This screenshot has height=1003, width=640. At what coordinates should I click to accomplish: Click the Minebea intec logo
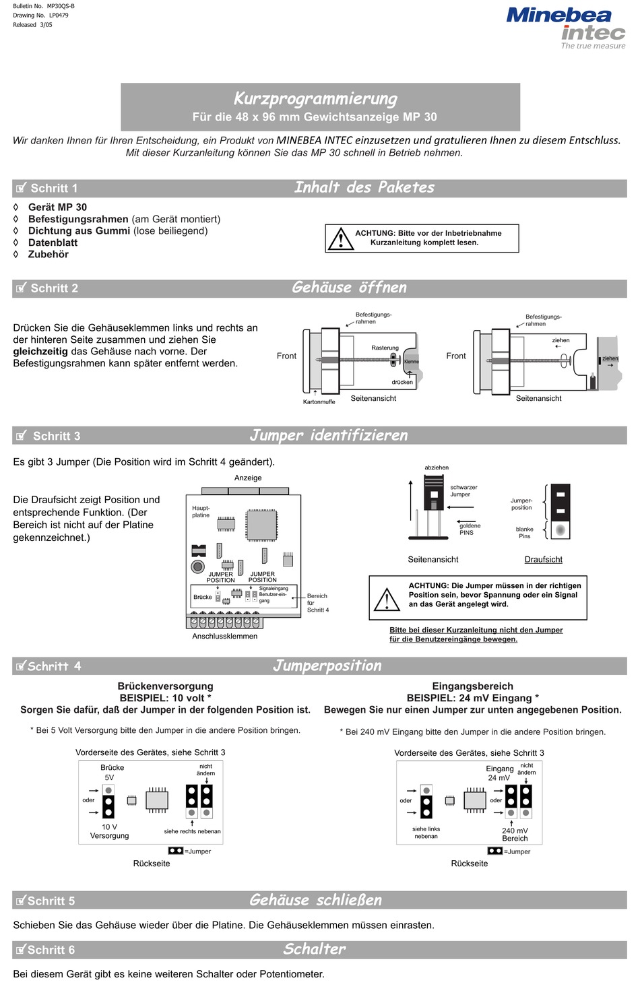(x=566, y=28)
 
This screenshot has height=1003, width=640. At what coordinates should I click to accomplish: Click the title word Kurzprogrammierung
(x=315, y=98)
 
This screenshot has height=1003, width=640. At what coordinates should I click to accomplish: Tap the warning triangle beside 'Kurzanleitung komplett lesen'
(x=340, y=238)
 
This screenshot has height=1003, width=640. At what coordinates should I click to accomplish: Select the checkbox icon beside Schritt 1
(x=21, y=188)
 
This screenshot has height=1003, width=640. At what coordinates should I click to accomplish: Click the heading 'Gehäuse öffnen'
(x=350, y=288)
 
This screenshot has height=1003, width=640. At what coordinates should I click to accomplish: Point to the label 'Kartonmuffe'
(x=319, y=401)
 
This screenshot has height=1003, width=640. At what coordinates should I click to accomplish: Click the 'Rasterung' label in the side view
(x=385, y=348)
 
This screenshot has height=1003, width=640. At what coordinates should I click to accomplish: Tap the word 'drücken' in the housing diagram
(x=402, y=382)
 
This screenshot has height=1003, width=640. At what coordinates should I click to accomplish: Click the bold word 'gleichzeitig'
(x=40, y=352)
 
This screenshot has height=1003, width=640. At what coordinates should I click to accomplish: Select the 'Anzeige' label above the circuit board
(x=248, y=478)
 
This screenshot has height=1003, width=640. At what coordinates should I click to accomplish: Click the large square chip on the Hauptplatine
(x=261, y=525)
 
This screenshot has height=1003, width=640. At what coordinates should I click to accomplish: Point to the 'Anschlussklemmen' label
(x=225, y=637)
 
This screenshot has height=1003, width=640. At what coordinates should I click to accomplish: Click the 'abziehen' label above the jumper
(x=437, y=467)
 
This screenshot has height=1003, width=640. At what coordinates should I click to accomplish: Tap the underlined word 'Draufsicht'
(x=543, y=559)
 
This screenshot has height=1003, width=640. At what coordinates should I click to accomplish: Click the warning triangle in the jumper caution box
(x=387, y=599)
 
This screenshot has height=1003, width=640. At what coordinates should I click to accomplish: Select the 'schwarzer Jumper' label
(x=463, y=491)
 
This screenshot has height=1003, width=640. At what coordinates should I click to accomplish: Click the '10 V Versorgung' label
(x=109, y=831)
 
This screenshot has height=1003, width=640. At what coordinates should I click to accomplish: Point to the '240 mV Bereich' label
(x=515, y=834)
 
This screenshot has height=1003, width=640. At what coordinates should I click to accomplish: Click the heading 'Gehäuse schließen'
(x=315, y=900)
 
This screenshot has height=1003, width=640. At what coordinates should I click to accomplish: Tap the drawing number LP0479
(x=59, y=15)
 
